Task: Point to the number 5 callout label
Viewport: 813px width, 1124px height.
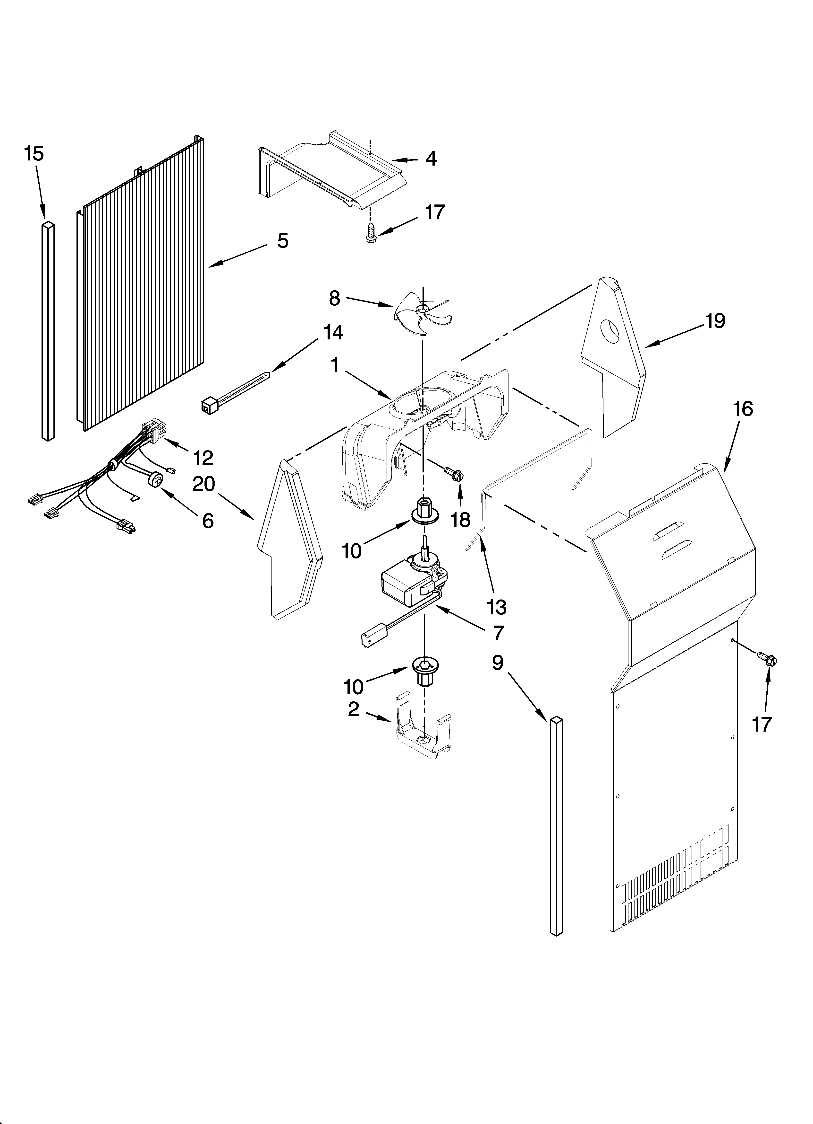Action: pyautogui.click(x=282, y=241)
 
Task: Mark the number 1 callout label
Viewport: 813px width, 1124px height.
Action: pyautogui.click(x=335, y=366)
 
